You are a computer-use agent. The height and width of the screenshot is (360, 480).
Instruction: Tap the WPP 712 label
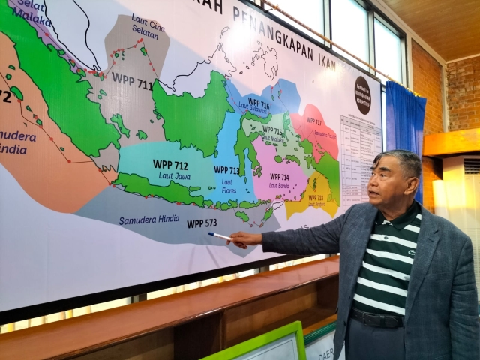point(170,165)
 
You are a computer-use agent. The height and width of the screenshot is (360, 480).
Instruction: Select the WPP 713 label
point(226,170)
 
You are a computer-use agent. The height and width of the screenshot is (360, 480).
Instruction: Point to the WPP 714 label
point(279,178)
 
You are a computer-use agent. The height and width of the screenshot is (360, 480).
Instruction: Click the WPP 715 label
point(272,130)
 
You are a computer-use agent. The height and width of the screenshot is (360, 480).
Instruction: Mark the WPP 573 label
point(201,223)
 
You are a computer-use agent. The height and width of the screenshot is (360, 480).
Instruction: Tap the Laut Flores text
point(226,185)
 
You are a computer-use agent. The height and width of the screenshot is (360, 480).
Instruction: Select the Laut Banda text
point(278,185)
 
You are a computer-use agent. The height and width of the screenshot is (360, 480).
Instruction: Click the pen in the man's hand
point(220,236)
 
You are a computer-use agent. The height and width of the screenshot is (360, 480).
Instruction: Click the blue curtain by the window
point(405,135)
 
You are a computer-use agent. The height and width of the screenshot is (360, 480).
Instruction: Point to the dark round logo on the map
point(363,95)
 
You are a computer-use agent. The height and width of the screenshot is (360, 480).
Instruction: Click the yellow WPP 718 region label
point(315,198)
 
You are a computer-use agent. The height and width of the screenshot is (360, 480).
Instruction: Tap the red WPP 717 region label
point(314,121)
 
